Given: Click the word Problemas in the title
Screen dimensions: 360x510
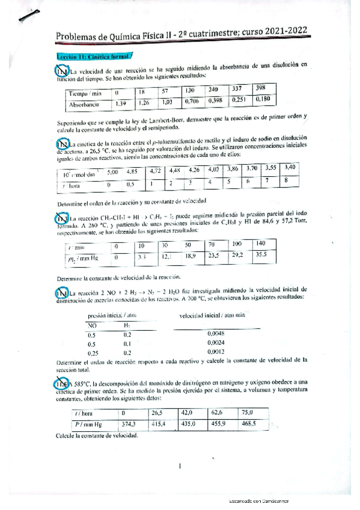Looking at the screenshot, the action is pyautogui.click(x=78, y=38).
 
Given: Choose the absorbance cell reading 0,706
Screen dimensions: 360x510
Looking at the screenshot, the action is pyautogui.click(x=192, y=100).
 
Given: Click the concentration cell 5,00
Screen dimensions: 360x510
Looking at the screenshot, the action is pyautogui.click(x=112, y=171).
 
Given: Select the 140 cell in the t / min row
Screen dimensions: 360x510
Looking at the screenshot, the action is pyautogui.click(x=260, y=244).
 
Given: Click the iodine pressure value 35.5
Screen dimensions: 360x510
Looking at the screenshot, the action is pyautogui.click(x=260, y=254).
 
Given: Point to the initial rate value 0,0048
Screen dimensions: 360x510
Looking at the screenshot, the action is pyautogui.click(x=215, y=332).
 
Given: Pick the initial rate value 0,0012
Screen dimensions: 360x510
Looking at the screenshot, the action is pyautogui.click(x=215, y=352).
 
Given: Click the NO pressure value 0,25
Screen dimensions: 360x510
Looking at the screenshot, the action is pyautogui.click(x=93, y=353).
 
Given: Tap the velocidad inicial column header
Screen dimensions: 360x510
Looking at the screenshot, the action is pyautogui.click(x=214, y=315).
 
